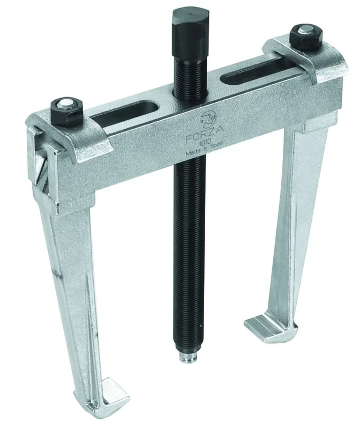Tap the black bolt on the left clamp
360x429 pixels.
[63, 111]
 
